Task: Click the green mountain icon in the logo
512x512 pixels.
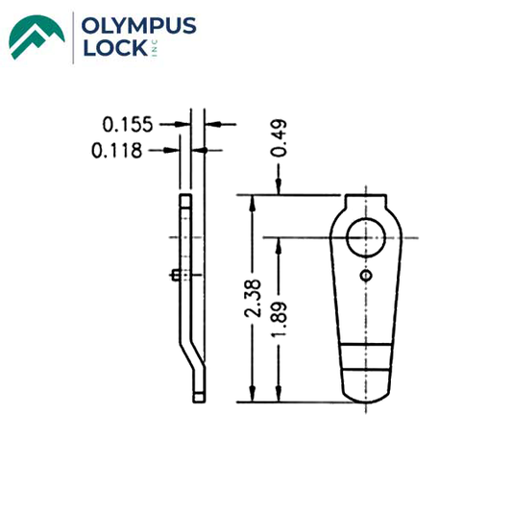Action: pyautogui.click(x=37, y=36)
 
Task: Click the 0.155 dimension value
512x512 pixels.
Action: pyautogui.click(x=129, y=124)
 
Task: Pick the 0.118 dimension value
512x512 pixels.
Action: pyautogui.click(x=116, y=151)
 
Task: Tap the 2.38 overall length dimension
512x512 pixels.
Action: pyautogui.click(x=252, y=299)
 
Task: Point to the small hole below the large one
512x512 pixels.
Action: pyautogui.click(x=365, y=277)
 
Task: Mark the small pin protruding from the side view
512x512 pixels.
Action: pyautogui.click(x=172, y=276)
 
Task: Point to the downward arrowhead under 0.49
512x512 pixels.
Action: pyautogui.click(x=279, y=188)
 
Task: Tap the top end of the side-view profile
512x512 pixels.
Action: pyautogui.click(x=184, y=196)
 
